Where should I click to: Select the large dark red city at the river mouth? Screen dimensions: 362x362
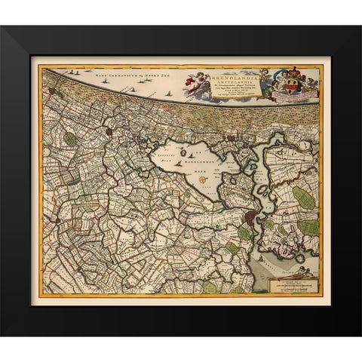click(x=251, y=219)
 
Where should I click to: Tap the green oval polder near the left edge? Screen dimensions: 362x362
click(x=70, y=139)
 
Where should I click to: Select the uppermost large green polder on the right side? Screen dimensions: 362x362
click(x=303, y=198)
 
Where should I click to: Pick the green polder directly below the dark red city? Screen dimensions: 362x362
click(x=245, y=235)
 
